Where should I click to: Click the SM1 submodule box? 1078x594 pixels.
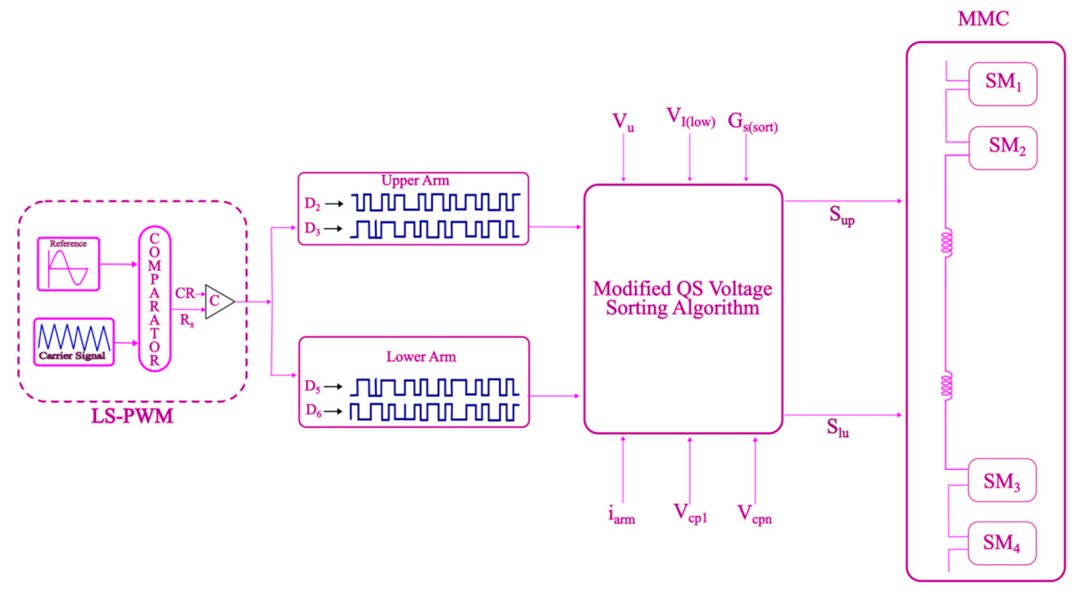[x=1002, y=84]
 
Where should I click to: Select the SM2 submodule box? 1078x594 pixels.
[x=1002, y=148]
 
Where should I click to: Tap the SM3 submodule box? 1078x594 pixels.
[x=1001, y=480]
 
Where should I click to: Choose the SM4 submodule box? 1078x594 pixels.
[x=1001, y=543]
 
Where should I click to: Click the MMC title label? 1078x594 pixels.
[x=983, y=19]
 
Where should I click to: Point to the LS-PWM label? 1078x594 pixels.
[x=132, y=416]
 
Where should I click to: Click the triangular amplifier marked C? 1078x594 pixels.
[x=218, y=302]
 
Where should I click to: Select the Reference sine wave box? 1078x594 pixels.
[x=68, y=264]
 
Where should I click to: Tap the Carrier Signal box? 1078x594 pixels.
[x=74, y=342]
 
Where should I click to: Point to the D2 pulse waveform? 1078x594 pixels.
[x=435, y=202]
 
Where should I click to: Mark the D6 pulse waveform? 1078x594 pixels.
[x=434, y=412]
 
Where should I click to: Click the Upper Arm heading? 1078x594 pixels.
[x=415, y=181]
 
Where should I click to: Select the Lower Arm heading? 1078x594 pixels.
[x=421, y=356]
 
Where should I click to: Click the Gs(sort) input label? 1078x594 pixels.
[x=752, y=122]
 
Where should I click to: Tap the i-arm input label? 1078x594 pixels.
[x=621, y=515]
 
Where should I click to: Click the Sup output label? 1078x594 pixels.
[x=841, y=215]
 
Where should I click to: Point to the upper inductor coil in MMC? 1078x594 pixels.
[x=947, y=242]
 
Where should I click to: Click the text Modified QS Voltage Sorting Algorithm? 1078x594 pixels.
[x=682, y=298]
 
